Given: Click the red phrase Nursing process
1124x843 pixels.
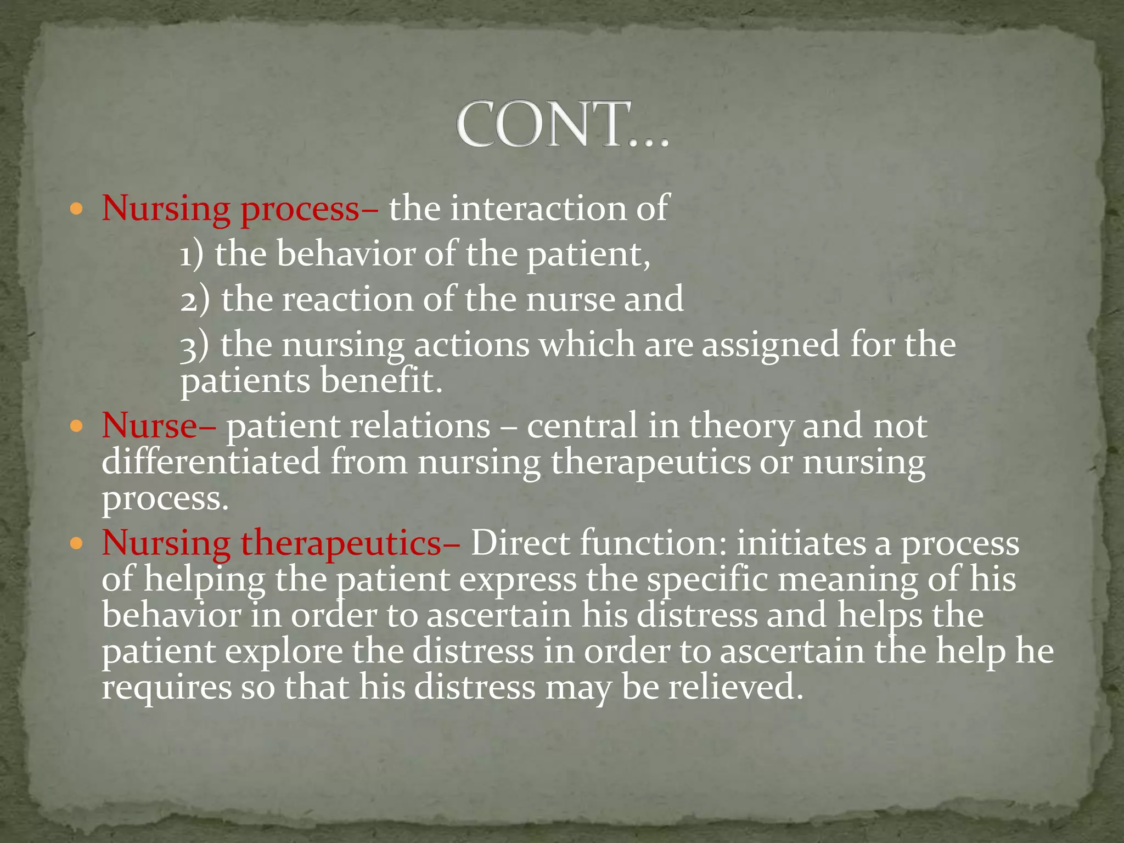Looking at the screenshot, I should pyautogui.click(x=231, y=209).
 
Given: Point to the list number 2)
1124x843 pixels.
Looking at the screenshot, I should pyautogui.click(x=195, y=300).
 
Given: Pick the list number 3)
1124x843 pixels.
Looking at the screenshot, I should pyautogui.click(x=195, y=345).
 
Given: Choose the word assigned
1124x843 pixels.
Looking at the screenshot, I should pyautogui.click(x=771, y=345).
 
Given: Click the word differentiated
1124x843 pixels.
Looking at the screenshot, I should pyautogui.click(x=211, y=462).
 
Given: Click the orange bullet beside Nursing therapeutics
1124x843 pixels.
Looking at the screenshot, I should pyautogui.click(x=77, y=544).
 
